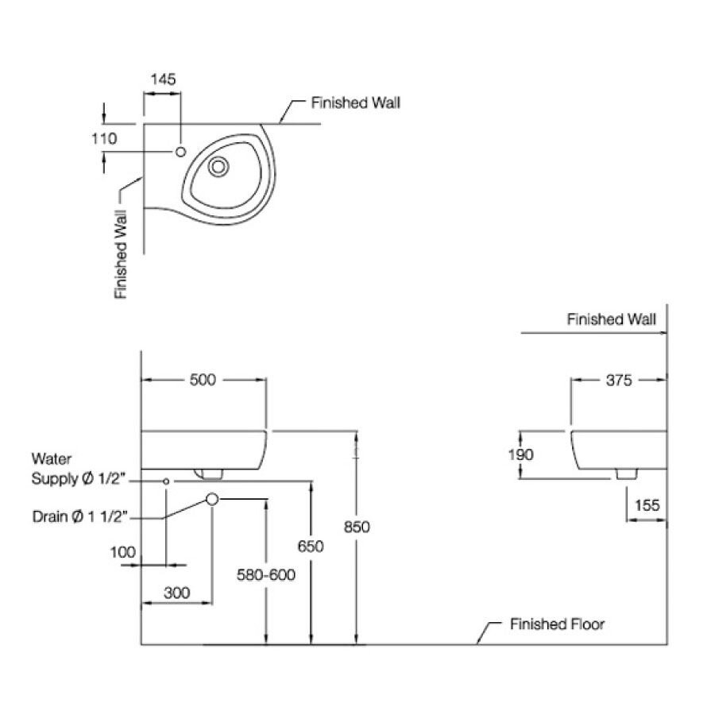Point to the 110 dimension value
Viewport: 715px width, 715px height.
coord(104,138)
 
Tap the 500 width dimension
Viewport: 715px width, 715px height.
coord(203,381)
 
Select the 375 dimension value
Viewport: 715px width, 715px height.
coord(618,381)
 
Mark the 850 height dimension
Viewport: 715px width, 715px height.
coord(358,527)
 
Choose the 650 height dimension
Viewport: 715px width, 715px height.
coord(311,547)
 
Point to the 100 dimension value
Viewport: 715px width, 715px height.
coord(124,553)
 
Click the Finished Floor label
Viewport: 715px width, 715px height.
coord(557,624)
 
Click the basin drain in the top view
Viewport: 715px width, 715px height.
coord(218,167)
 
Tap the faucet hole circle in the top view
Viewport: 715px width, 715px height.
coord(180,151)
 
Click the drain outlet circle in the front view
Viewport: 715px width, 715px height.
coord(212,499)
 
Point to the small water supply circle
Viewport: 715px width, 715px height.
coord(166,481)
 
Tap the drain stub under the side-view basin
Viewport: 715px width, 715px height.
coord(627,473)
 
